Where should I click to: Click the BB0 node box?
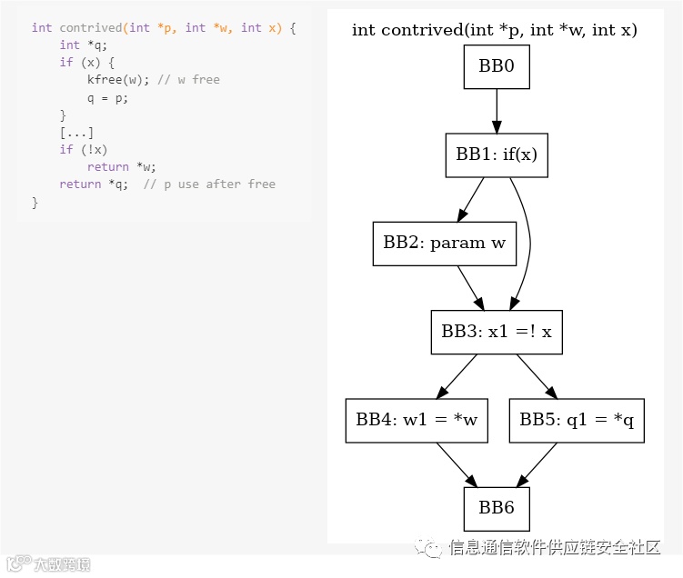click(x=497, y=67)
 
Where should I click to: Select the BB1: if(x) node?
click(x=497, y=154)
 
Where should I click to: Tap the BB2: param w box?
click(x=444, y=244)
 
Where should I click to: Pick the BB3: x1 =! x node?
click(x=497, y=332)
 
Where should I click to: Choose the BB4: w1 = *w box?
click(x=417, y=420)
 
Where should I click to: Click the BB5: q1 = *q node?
click(x=577, y=420)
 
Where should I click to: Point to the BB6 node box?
click(x=497, y=508)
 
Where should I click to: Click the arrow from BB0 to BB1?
click(x=497, y=111)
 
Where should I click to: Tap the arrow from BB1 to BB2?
click(x=471, y=199)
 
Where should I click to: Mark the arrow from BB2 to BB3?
click(x=470, y=288)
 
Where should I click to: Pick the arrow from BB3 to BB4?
click(x=457, y=376)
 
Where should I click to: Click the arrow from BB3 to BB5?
click(x=537, y=376)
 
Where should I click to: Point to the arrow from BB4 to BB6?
click(x=457, y=464)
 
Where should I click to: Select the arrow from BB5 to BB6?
click(x=537, y=464)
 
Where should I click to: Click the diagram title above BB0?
click(x=495, y=30)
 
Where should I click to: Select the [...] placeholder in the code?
click(x=76, y=133)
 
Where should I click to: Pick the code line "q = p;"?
click(x=107, y=97)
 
